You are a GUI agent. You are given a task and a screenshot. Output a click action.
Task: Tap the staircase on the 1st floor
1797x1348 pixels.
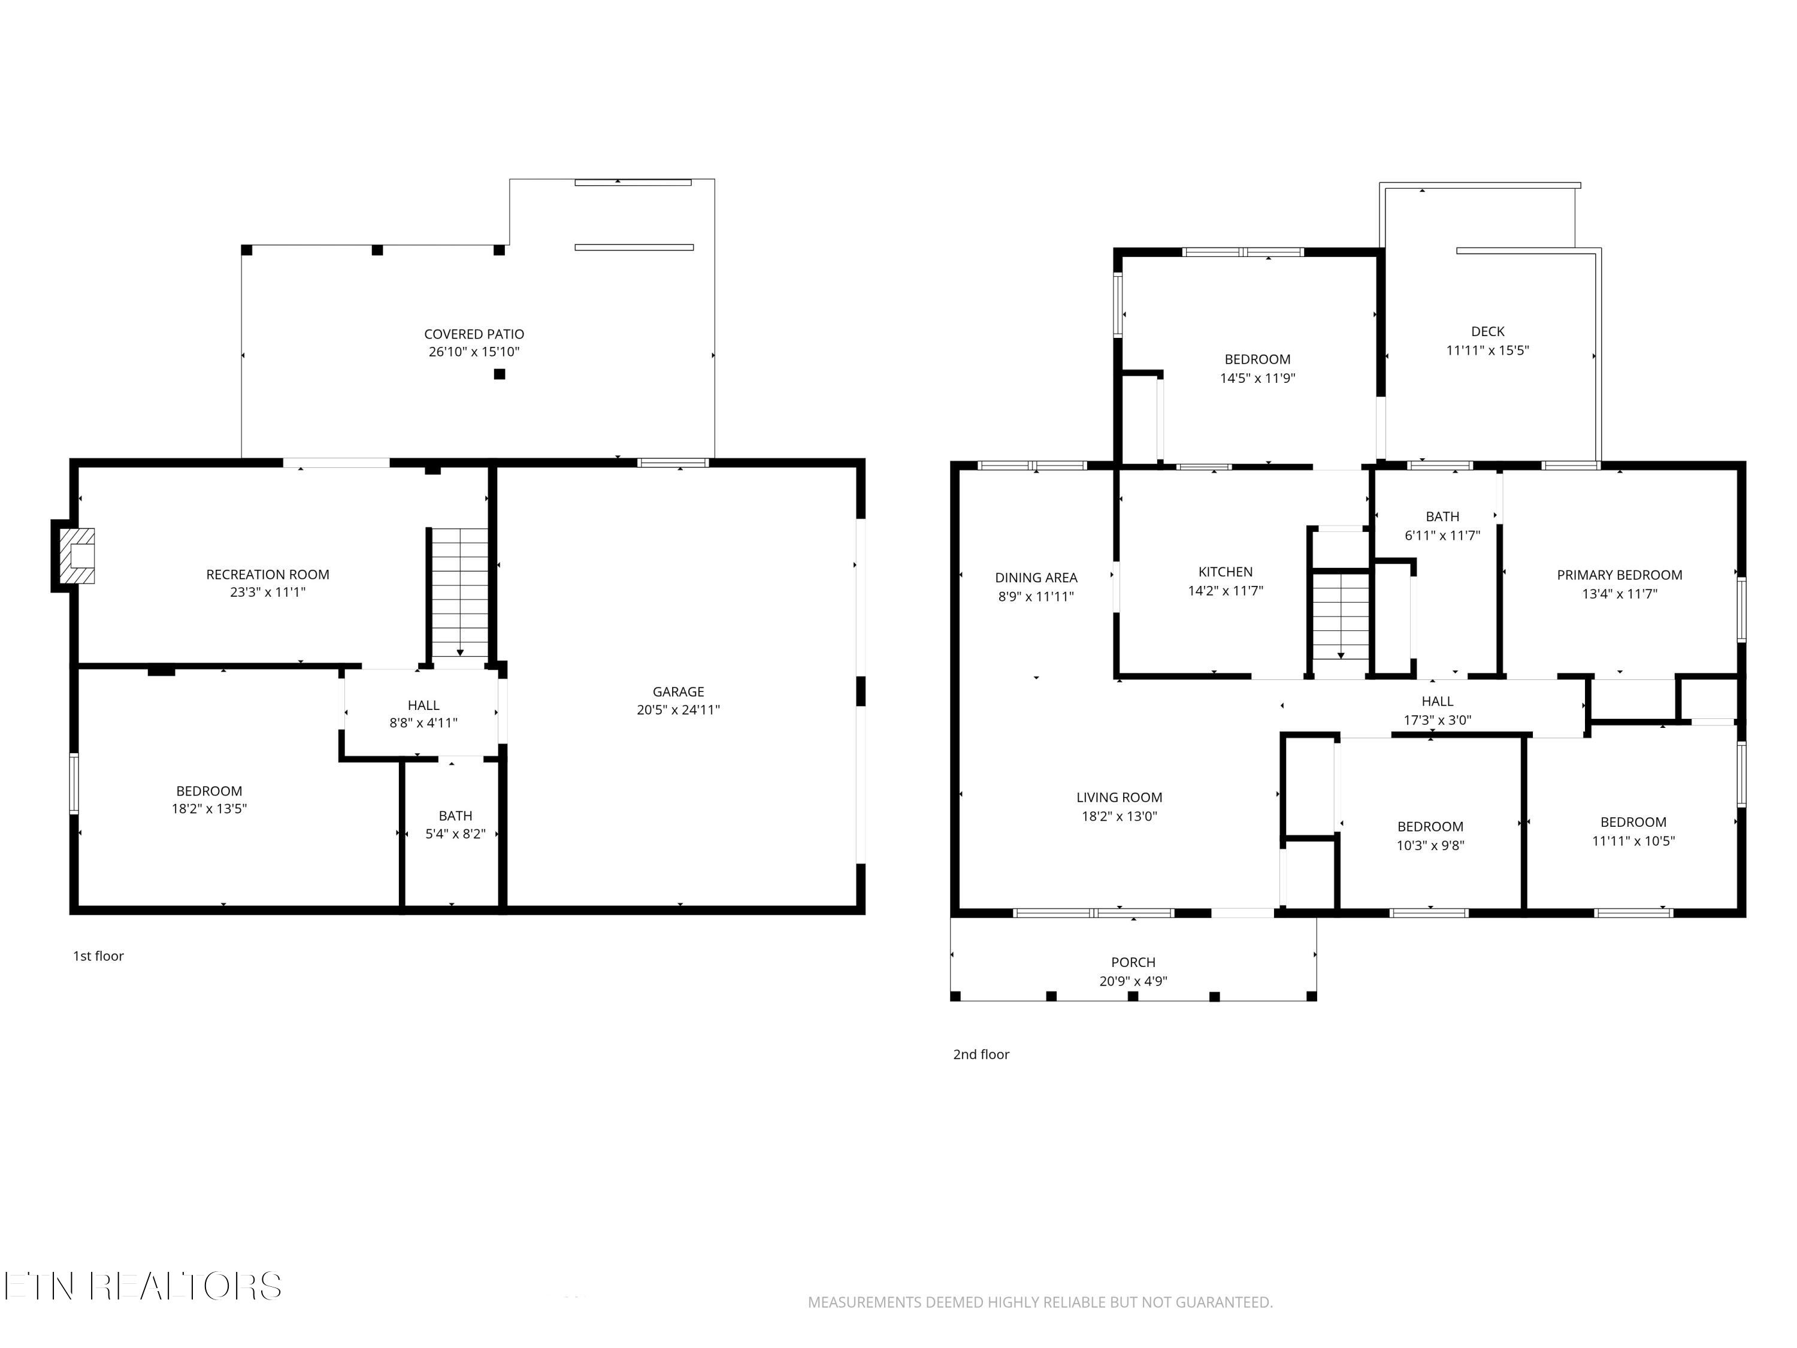460,593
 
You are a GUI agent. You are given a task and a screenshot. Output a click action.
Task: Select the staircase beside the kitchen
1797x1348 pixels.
1341,616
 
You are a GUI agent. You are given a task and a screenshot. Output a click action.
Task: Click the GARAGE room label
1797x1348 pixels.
678,691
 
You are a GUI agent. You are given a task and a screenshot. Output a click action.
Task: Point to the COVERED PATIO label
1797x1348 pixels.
474,334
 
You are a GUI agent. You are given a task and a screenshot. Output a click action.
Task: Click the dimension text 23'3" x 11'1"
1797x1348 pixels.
268,593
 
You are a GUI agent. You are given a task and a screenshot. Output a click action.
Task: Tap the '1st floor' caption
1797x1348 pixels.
98,956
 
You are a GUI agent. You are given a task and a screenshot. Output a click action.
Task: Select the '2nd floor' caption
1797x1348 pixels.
981,1054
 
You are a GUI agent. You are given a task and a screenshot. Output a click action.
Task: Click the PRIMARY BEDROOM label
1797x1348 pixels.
1620,575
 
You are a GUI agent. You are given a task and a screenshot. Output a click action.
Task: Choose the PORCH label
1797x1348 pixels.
1133,962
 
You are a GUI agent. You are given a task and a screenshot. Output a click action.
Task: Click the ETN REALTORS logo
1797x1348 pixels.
143,1286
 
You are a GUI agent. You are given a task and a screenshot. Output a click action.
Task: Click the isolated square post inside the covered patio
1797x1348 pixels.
500,374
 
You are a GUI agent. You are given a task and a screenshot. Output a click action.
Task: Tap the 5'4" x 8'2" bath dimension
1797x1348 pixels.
456,834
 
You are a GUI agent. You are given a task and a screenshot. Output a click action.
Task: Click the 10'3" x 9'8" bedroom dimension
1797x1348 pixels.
1430,845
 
